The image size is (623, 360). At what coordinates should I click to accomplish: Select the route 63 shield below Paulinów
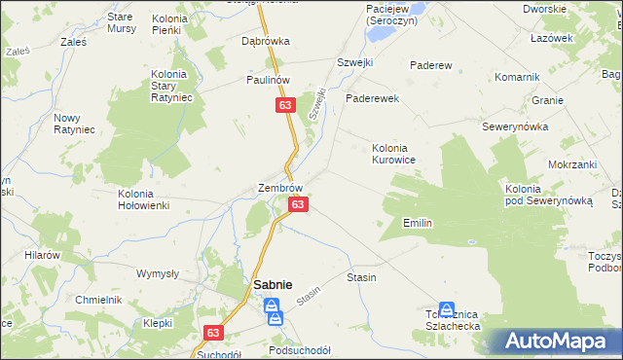click(284, 103)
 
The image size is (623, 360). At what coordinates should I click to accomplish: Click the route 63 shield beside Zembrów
click(299, 204)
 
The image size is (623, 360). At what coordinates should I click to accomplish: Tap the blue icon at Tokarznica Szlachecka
click(446, 308)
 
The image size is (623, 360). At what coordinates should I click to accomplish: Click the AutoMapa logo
click(556, 342)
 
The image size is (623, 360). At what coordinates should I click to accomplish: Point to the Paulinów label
click(268, 80)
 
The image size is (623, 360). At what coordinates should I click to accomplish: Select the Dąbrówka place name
click(266, 42)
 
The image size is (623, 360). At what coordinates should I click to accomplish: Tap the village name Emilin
click(417, 224)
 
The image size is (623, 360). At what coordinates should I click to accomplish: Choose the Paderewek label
click(373, 98)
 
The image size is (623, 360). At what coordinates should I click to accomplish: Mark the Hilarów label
click(44, 254)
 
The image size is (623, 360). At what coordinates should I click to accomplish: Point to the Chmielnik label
click(98, 300)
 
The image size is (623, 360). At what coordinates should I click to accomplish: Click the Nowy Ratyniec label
click(73, 125)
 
